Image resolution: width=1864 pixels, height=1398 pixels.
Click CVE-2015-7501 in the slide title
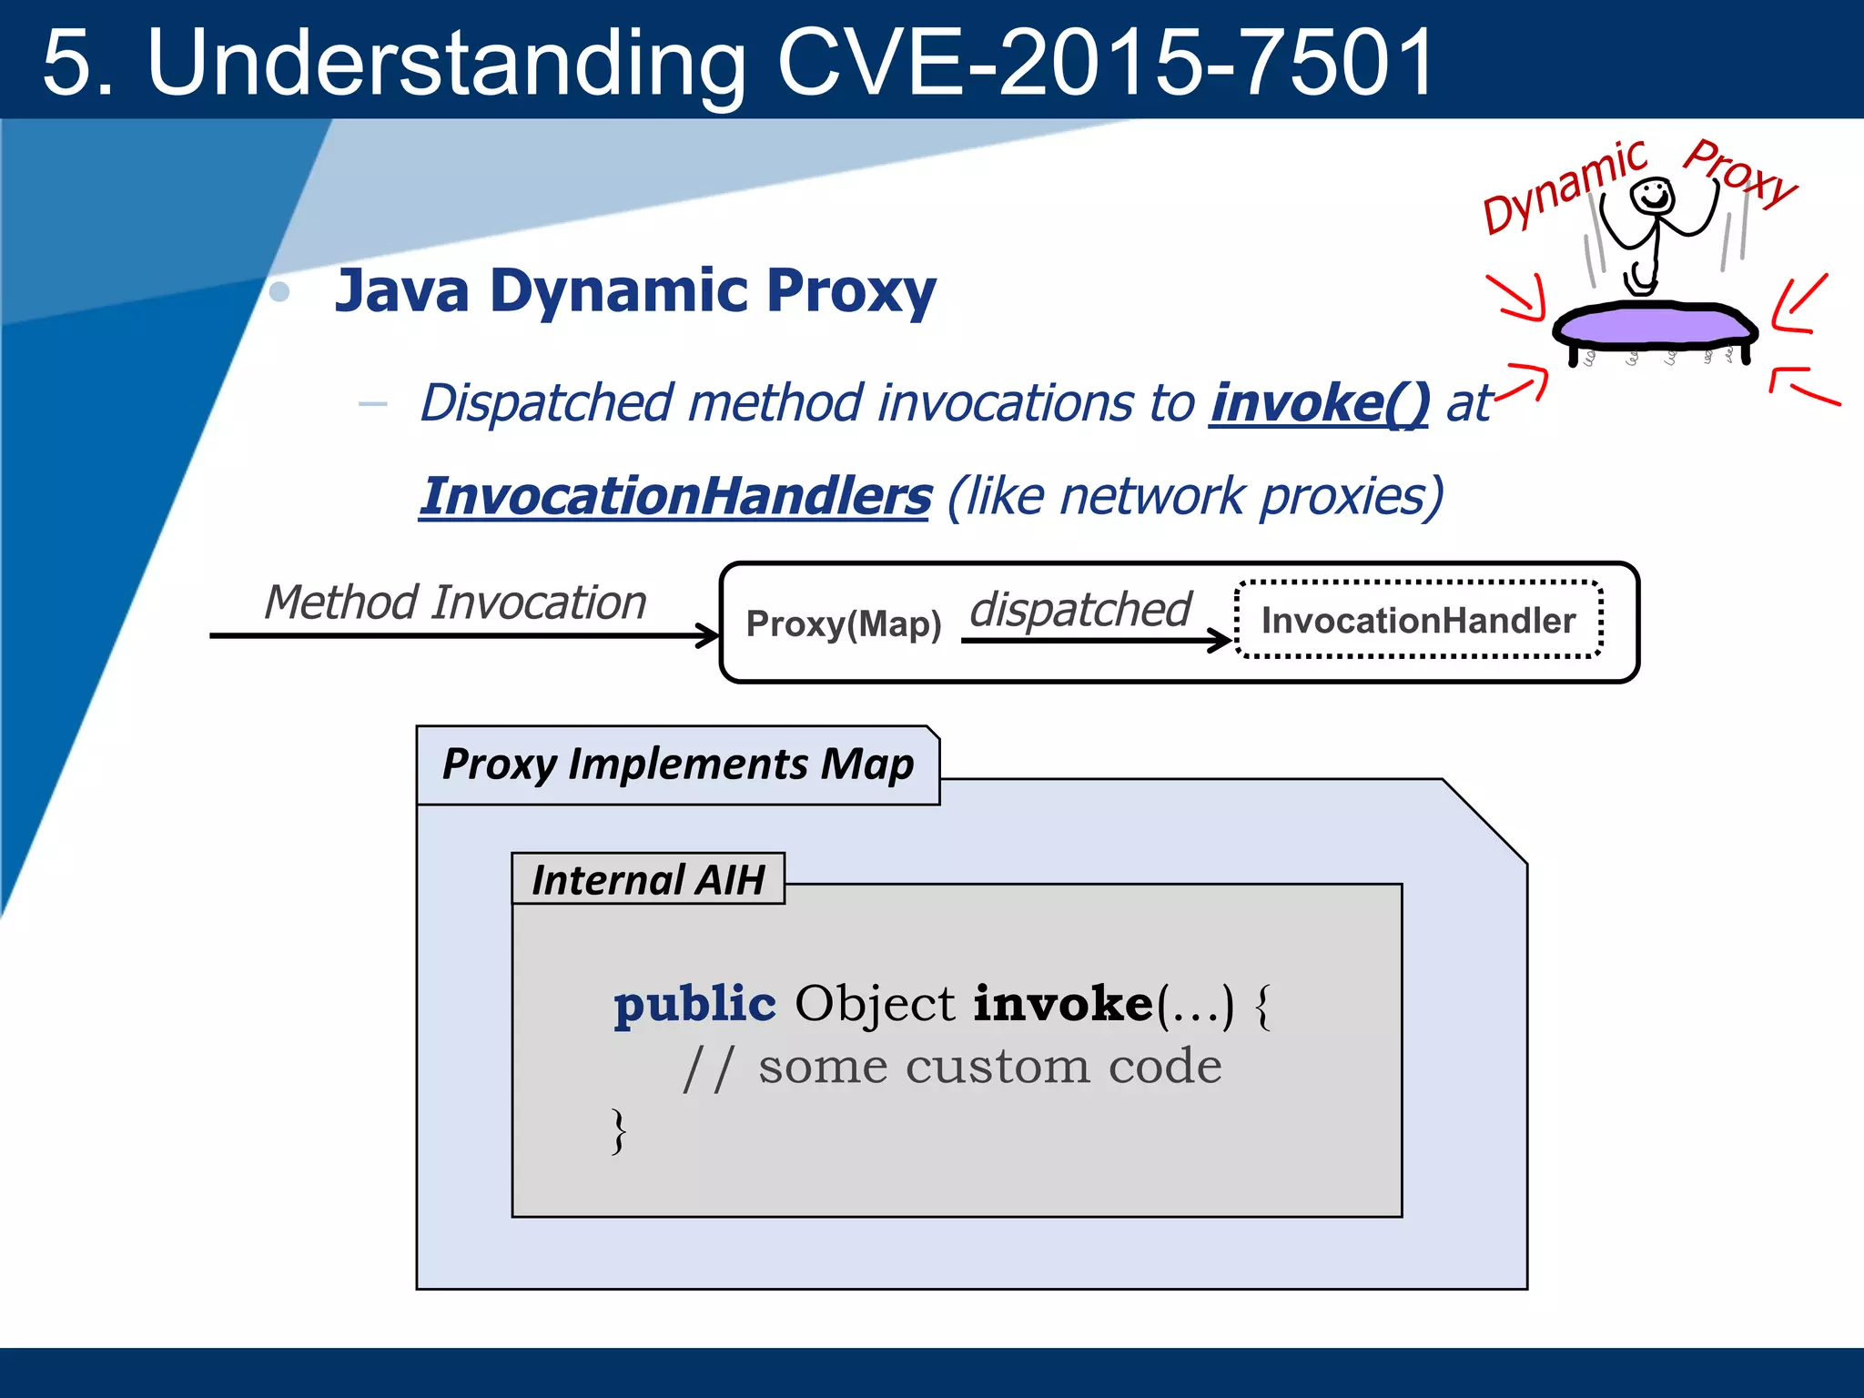pyautogui.click(x=1105, y=62)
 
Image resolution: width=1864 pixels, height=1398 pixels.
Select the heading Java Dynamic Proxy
pyautogui.click(x=634, y=290)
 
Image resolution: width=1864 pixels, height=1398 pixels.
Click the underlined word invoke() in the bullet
pyautogui.click(x=1319, y=402)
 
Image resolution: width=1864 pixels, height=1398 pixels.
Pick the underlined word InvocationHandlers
pyautogui.click(x=674, y=497)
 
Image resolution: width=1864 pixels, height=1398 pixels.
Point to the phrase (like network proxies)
pyautogui.click(x=1195, y=497)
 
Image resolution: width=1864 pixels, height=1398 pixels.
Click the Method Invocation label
pyautogui.click(x=455, y=603)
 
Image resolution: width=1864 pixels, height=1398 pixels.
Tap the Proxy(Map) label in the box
pyautogui.click(x=843, y=624)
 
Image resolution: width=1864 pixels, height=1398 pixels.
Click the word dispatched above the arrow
pyautogui.click(x=1079, y=609)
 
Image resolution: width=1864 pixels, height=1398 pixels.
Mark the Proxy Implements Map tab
pyautogui.click(x=677, y=765)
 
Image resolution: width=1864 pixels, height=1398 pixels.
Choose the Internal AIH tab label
pyautogui.click(x=647, y=880)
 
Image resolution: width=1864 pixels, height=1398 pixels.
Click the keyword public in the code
pyautogui.click(x=694, y=1004)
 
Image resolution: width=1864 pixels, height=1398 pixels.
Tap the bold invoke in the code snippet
pyautogui.click(x=1062, y=1004)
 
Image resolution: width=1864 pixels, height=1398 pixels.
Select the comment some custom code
pyautogui.click(x=989, y=1066)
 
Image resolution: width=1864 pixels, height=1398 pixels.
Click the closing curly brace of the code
pyautogui.click(x=619, y=1131)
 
